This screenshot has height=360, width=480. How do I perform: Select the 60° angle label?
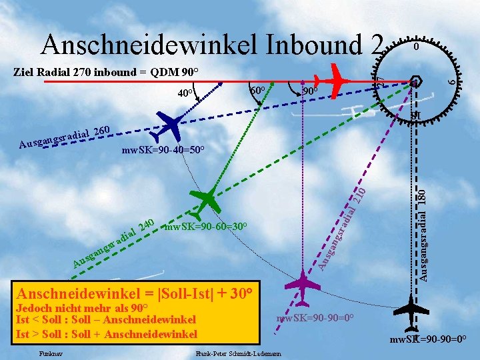257,90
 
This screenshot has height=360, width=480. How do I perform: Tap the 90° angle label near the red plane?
309,91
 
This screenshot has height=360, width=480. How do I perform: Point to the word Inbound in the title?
306,45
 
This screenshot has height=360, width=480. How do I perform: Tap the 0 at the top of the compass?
415,47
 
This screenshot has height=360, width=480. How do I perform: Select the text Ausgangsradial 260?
63,135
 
